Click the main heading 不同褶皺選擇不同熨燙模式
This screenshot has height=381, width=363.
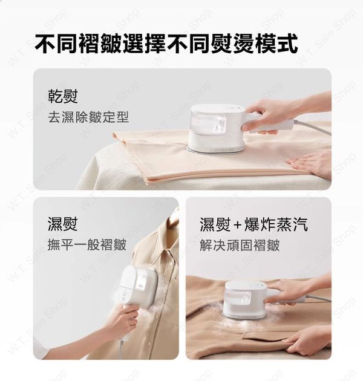click(x=166, y=44)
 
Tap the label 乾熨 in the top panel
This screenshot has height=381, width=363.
click(x=63, y=96)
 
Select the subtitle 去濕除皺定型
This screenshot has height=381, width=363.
click(x=88, y=117)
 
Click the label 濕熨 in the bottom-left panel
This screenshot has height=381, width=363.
click(x=63, y=224)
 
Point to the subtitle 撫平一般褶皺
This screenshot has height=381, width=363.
click(x=87, y=245)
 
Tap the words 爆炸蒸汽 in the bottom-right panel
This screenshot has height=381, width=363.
click(x=276, y=224)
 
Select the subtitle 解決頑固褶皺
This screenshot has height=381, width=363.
click(x=240, y=245)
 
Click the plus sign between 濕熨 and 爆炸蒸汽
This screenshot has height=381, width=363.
click(x=237, y=225)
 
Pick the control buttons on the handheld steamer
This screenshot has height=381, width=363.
click(x=123, y=295)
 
